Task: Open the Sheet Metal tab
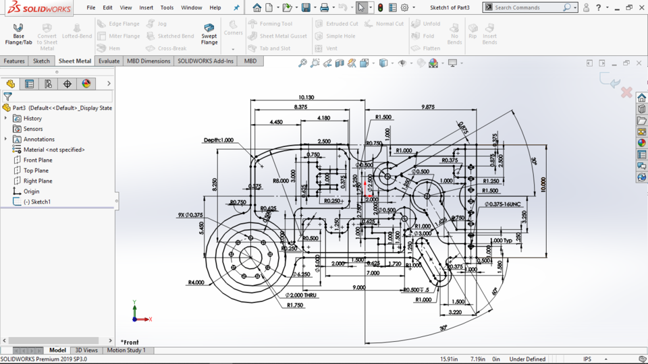pos(74,61)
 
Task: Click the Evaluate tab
pos(109,61)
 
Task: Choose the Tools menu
pos(167,7)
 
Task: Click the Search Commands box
pos(526,7)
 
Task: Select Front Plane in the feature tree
pos(38,160)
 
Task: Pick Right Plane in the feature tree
pos(38,181)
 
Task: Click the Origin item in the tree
pos(31,191)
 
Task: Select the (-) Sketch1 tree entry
pos(37,202)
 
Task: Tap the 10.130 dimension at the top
pos(306,98)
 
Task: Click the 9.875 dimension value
pos(428,107)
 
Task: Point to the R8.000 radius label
pos(281,181)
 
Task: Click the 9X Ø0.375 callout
pos(190,215)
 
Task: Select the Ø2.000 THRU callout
pos(300,295)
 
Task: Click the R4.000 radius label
pos(196,282)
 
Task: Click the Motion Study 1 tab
pos(126,351)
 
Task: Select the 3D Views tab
pos(86,351)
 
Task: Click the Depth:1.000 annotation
pos(219,140)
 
